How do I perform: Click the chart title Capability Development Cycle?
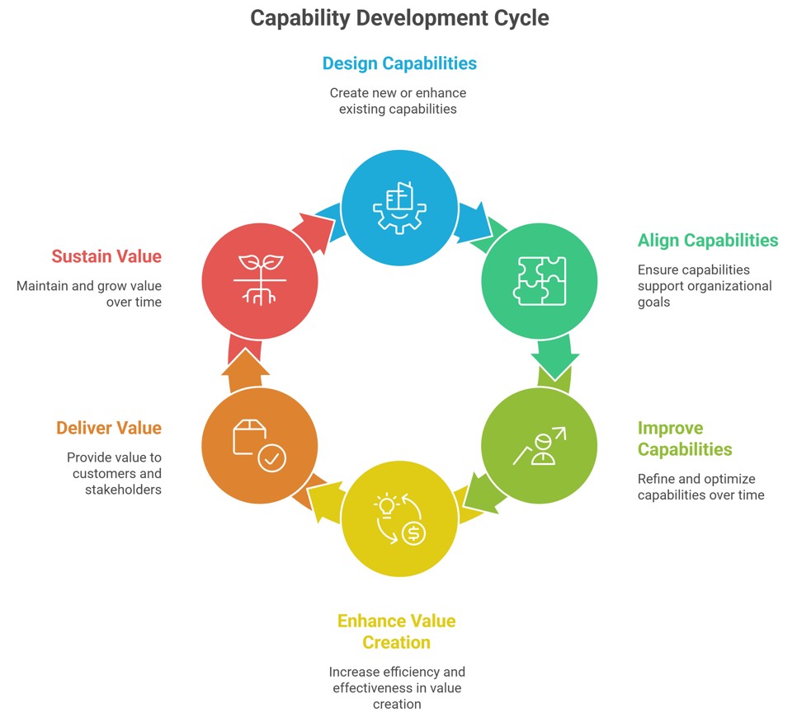point(399,18)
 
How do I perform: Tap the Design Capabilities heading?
point(399,63)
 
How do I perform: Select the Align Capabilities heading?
point(708,240)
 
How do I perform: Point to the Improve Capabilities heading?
point(685,438)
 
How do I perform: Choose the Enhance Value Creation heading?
point(396,631)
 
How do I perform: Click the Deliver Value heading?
point(109,428)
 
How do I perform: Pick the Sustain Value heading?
point(106,256)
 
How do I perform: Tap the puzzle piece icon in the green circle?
point(540,281)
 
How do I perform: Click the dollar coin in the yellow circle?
point(413,533)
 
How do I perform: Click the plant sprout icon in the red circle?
point(260,279)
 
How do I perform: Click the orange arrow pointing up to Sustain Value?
point(245,368)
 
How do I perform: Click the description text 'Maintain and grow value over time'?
point(89,294)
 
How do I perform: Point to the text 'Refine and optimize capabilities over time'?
point(701,487)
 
